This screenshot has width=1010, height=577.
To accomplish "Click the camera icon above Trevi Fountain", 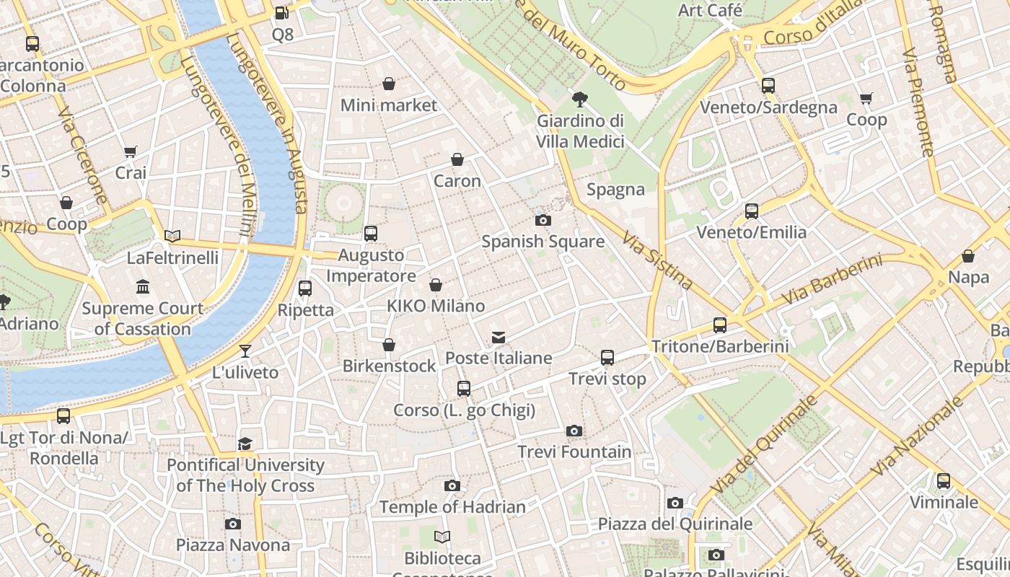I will (x=574, y=431).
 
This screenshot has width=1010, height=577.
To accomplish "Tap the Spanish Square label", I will (x=543, y=241).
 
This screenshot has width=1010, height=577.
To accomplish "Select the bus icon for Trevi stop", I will (x=607, y=358).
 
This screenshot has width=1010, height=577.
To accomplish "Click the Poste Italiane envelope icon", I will (x=498, y=338).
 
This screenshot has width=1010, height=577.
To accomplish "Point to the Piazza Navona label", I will (x=233, y=545).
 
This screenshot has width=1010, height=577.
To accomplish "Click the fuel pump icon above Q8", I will (x=282, y=13).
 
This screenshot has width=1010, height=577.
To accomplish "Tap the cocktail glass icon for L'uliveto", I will (x=245, y=351).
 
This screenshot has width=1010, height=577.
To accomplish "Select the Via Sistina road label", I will (x=657, y=260).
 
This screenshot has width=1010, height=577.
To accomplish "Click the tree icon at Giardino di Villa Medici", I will (x=579, y=100).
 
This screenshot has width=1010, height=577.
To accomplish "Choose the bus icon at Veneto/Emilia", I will (x=752, y=211).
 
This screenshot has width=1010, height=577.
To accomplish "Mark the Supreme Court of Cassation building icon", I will (x=143, y=287).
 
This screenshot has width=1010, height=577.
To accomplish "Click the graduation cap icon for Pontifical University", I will (x=245, y=444).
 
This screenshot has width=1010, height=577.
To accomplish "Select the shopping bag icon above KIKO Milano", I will (x=436, y=286).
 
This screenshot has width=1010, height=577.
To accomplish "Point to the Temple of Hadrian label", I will (x=452, y=507).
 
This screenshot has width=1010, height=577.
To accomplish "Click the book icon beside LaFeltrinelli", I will (x=172, y=237).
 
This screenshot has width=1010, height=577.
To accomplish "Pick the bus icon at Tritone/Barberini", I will (x=720, y=325).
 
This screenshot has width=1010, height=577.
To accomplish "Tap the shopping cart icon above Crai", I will (x=131, y=152).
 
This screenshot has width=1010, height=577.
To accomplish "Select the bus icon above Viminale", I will (x=944, y=481).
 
